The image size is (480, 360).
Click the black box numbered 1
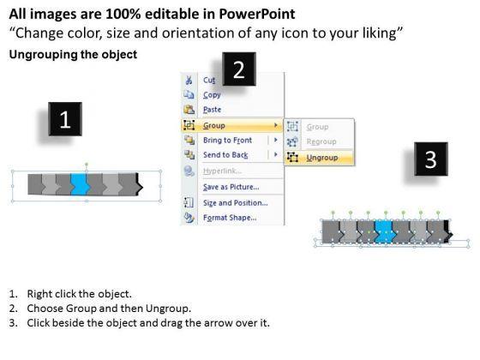click(x=65, y=119)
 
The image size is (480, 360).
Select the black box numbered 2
click(x=239, y=69)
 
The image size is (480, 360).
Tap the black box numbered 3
click(x=431, y=159)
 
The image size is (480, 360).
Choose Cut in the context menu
click(x=209, y=81)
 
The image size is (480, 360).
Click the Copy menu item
click(x=212, y=95)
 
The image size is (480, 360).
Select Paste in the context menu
click(x=213, y=110)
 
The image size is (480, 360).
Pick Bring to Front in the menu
click(x=227, y=141)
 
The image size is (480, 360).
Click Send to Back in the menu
click(x=225, y=155)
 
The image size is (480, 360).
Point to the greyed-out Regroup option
click(x=321, y=141)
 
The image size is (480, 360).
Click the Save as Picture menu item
click(x=231, y=187)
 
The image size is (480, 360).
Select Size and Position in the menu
click(x=236, y=202)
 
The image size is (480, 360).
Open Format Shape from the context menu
click(x=230, y=218)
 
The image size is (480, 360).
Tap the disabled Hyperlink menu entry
click(x=223, y=171)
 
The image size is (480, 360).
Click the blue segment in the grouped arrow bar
click(x=80, y=184)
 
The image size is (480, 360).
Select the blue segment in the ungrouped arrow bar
click(x=386, y=232)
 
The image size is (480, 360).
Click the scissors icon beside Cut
click(x=189, y=81)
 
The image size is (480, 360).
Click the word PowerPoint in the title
click(x=257, y=14)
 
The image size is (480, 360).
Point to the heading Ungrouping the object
click(x=73, y=55)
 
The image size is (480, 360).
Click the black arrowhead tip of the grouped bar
click(x=142, y=186)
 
